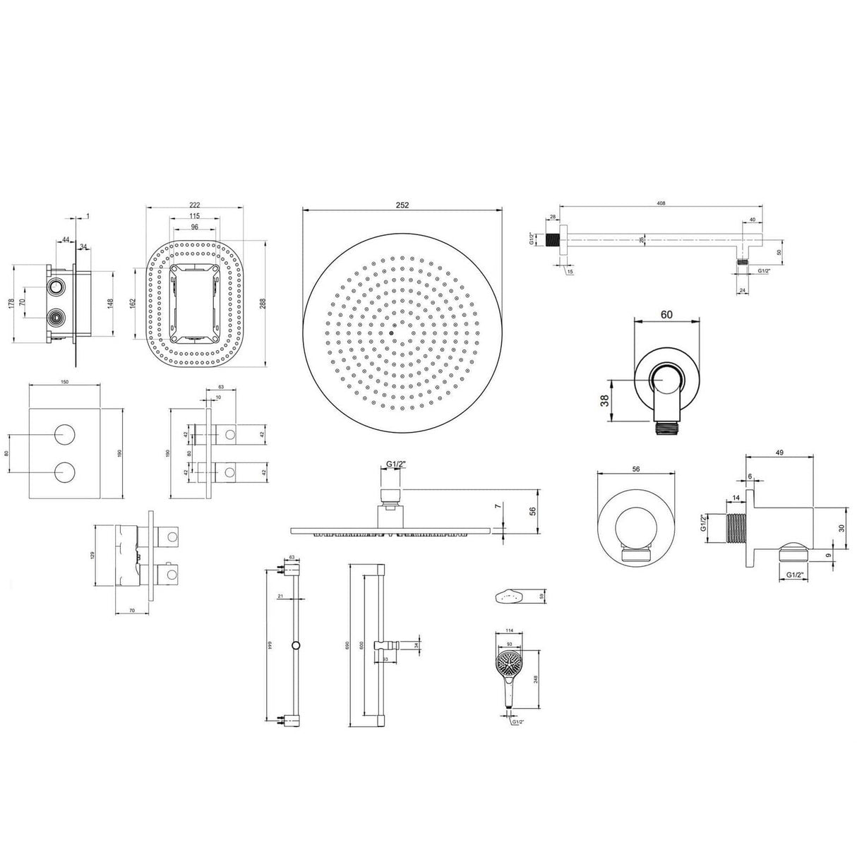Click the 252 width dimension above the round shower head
point(402,205)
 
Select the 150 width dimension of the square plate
point(64,382)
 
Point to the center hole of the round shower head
point(390,333)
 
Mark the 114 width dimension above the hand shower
point(510,631)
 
